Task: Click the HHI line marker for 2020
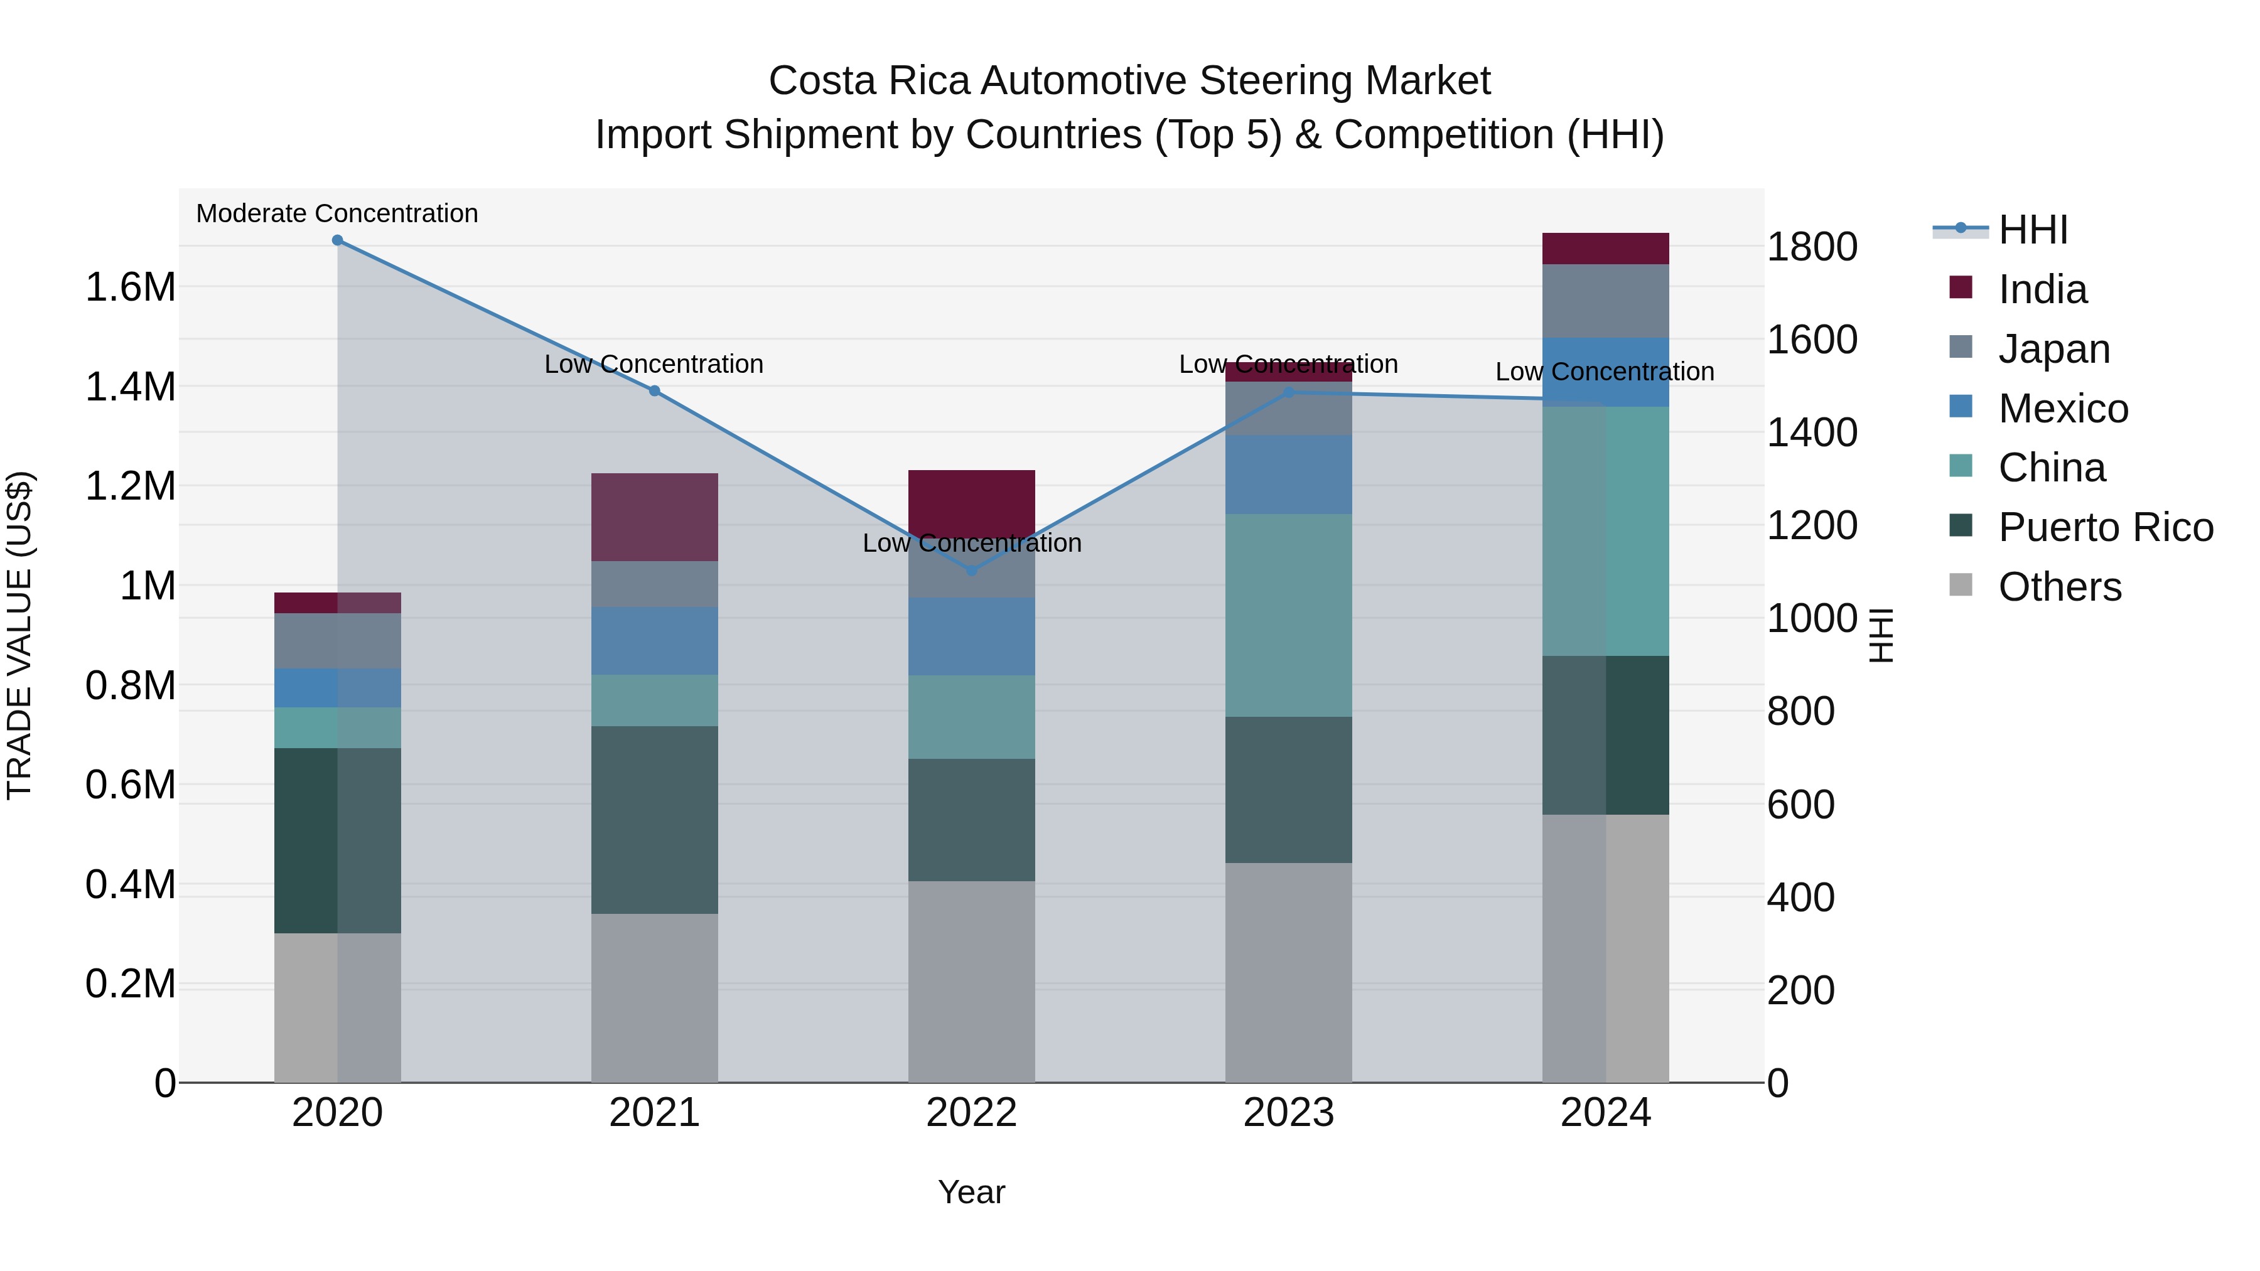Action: pos(338,240)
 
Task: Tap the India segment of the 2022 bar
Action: pos(971,500)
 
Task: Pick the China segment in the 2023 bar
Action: pos(1288,615)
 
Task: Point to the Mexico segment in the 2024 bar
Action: pos(1605,372)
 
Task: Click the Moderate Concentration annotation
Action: pos(337,214)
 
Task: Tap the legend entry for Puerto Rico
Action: pos(2106,527)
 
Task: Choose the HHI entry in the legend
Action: pos(2033,230)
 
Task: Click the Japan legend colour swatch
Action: pos(1961,346)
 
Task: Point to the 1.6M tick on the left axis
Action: pos(130,287)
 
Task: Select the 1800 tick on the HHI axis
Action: pos(1812,247)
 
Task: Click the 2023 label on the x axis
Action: pos(1288,1113)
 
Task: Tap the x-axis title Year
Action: pos(971,1192)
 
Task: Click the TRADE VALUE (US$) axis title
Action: pos(19,635)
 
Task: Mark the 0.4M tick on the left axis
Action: pos(130,885)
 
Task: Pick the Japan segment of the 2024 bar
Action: pos(1605,301)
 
